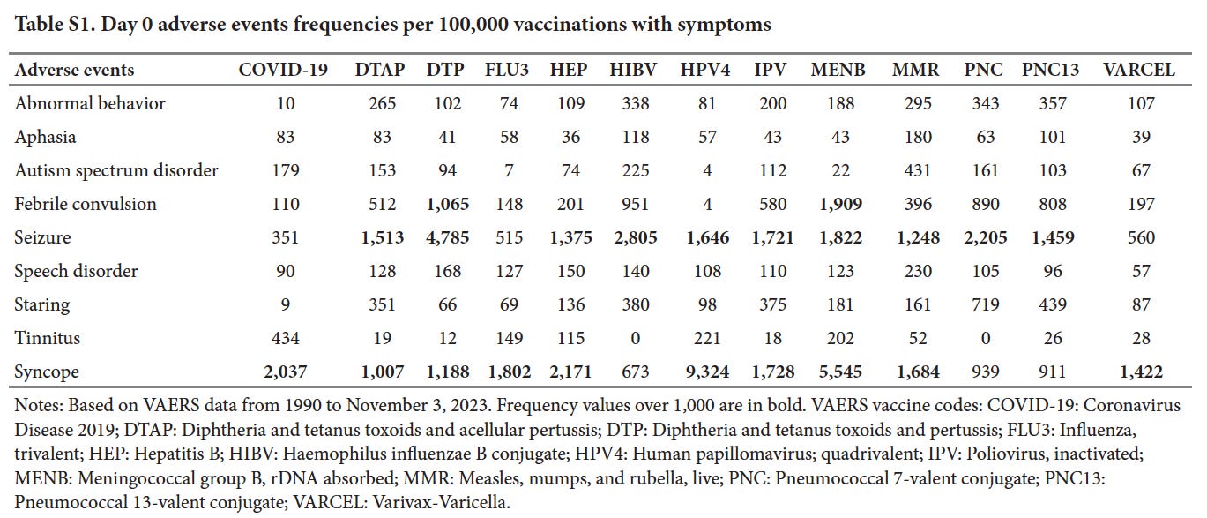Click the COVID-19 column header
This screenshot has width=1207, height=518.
pos(283,71)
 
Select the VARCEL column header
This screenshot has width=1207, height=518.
pos(1139,71)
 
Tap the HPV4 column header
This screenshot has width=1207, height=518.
pos(706,71)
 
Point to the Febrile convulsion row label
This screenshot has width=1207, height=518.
pos(86,204)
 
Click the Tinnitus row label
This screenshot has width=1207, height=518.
pos(47,338)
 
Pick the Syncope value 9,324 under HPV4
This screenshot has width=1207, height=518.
pos(706,372)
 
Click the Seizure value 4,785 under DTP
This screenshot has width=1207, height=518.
pos(448,237)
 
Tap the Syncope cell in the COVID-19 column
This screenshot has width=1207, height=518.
pos(284,372)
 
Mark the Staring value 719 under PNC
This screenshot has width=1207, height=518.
pos(985,304)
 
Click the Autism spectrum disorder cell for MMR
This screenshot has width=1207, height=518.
pos(918,170)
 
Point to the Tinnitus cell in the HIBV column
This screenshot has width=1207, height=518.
pos(635,338)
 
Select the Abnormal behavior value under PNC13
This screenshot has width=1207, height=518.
pos(1047,103)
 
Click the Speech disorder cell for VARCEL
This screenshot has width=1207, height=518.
pos(1140,271)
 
